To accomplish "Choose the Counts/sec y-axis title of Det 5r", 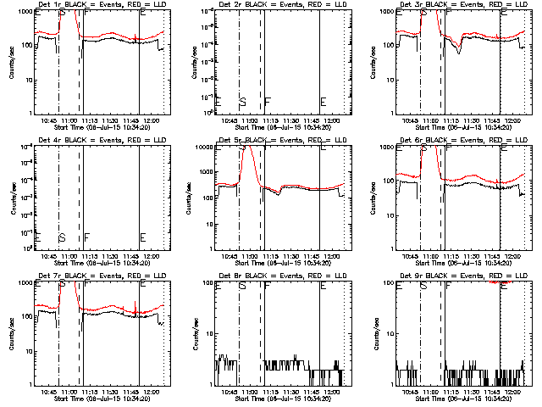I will coord(192,197).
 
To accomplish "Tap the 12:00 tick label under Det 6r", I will coord(513,256).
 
